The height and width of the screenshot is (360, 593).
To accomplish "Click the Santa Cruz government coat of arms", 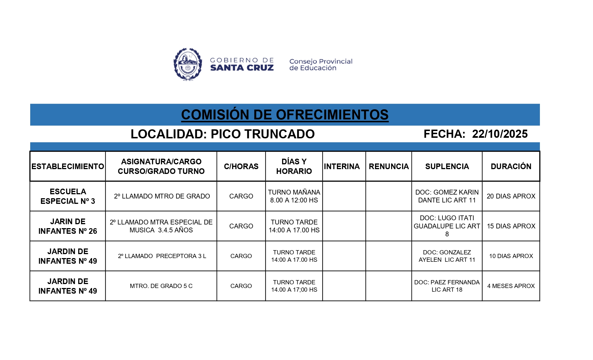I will point(188,64).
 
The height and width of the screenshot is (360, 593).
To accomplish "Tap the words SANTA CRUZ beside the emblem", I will point(242,68).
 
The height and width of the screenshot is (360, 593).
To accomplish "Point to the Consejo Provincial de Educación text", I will point(321,65).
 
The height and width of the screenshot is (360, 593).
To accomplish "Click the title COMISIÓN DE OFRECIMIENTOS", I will point(285,115).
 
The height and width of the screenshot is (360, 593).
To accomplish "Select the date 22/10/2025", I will point(500,134).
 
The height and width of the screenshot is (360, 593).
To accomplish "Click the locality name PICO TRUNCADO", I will point(263,134).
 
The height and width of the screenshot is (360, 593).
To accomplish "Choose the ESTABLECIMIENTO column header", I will point(68,166).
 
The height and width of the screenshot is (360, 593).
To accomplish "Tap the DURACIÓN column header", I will point(511,166).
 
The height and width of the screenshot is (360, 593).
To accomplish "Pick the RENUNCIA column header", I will point(389,166).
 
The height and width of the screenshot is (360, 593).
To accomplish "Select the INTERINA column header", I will point(342,166).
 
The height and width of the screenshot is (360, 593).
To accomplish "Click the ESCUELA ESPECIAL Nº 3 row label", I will point(68,196).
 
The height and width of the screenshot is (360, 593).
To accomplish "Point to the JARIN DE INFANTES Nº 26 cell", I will point(68,226).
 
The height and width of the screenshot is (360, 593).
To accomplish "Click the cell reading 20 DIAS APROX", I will point(511,196).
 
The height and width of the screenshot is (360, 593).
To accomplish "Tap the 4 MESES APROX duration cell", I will point(511,286).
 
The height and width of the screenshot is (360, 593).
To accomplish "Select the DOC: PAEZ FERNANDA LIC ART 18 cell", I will point(447,286).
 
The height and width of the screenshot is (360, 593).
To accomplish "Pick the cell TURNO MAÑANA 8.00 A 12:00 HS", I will point(294,196).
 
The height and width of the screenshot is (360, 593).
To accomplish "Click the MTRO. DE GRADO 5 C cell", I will point(161,286).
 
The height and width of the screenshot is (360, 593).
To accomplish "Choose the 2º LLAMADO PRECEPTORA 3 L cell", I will point(162,256).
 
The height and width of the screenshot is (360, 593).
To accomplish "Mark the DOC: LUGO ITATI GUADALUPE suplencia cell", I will point(447,226).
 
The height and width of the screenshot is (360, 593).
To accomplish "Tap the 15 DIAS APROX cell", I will point(511,226).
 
